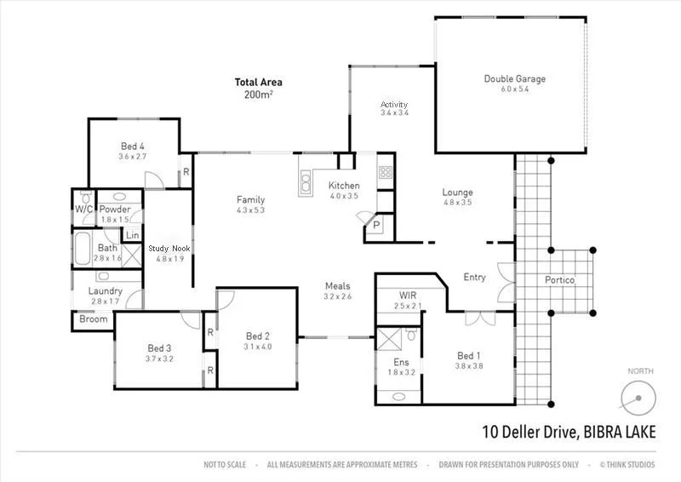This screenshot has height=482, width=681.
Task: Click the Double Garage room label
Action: (x=515, y=79)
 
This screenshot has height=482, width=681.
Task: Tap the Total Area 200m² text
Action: (x=258, y=89)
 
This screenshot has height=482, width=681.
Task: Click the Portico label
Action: (x=559, y=280)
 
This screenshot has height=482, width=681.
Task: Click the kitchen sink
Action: (x=305, y=180)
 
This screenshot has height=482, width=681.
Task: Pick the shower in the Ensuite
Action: (x=392, y=339)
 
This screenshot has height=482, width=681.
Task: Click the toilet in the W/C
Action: (x=83, y=222)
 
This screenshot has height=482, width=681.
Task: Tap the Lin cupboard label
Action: (x=132, y=236)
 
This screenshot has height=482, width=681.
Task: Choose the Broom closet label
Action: (x=93, y=320)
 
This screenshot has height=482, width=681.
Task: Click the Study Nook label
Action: (x=170, y=249)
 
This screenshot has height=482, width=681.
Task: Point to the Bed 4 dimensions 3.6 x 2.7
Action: (x=132, y=157)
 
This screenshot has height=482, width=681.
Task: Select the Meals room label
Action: (x=337, y=286)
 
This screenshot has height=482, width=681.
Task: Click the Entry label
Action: (x=474, y=277)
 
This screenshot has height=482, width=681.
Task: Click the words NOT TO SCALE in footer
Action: (x=225, y=465)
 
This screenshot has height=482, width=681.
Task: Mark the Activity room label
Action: (x=394, y=104)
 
